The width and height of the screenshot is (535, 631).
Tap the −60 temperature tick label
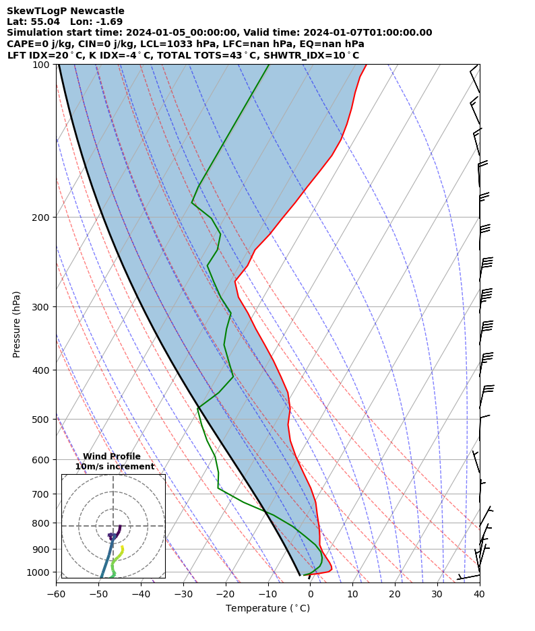[56, 594]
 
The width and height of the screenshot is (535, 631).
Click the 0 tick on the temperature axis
[310, 594]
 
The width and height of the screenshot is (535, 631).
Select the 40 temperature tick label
[479, 594]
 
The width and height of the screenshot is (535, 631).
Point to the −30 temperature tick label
[183, 594]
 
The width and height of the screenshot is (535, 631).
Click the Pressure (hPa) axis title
[17, 324]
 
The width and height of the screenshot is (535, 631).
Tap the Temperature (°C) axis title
[267, 609]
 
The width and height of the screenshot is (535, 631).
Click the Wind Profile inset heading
[112, 457]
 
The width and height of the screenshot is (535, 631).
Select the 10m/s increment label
[115, 467]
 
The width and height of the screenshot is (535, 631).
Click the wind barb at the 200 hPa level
[480, 217]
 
